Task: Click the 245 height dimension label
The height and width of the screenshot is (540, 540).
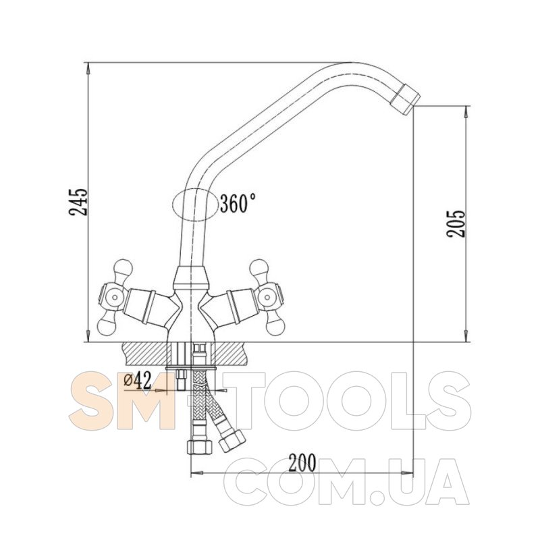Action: coord(78,201)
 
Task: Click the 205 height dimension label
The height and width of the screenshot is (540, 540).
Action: coord(456,223)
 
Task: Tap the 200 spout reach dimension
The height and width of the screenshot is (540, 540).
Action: coord(302,462)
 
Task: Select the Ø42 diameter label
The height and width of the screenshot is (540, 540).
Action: coord(138,381)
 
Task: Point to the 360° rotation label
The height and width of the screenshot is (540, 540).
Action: coord(238,203)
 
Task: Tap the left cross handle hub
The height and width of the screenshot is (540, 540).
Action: coord(113,296)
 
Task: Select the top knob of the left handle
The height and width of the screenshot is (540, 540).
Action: coord(122,267)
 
